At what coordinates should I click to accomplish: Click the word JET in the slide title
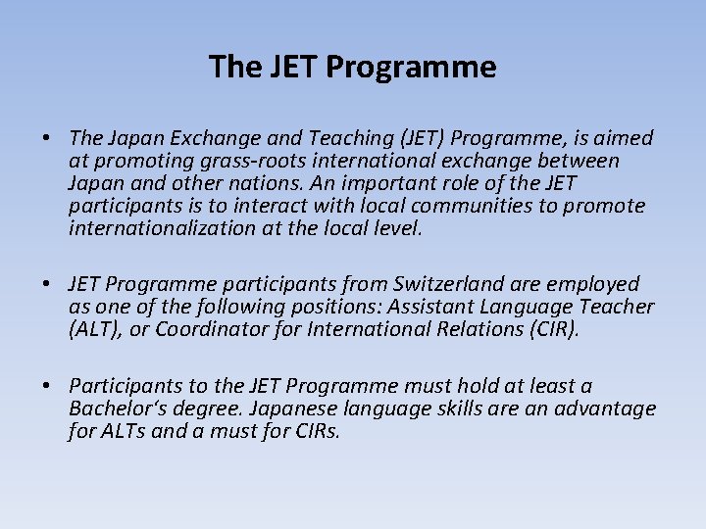click(290, 67)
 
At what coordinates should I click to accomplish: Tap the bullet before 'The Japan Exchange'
click(46, 138)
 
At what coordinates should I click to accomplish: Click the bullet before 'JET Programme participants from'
click(46, 284)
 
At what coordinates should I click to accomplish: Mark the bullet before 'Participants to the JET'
click(46, 387)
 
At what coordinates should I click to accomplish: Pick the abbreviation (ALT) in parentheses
click(94, 329)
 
